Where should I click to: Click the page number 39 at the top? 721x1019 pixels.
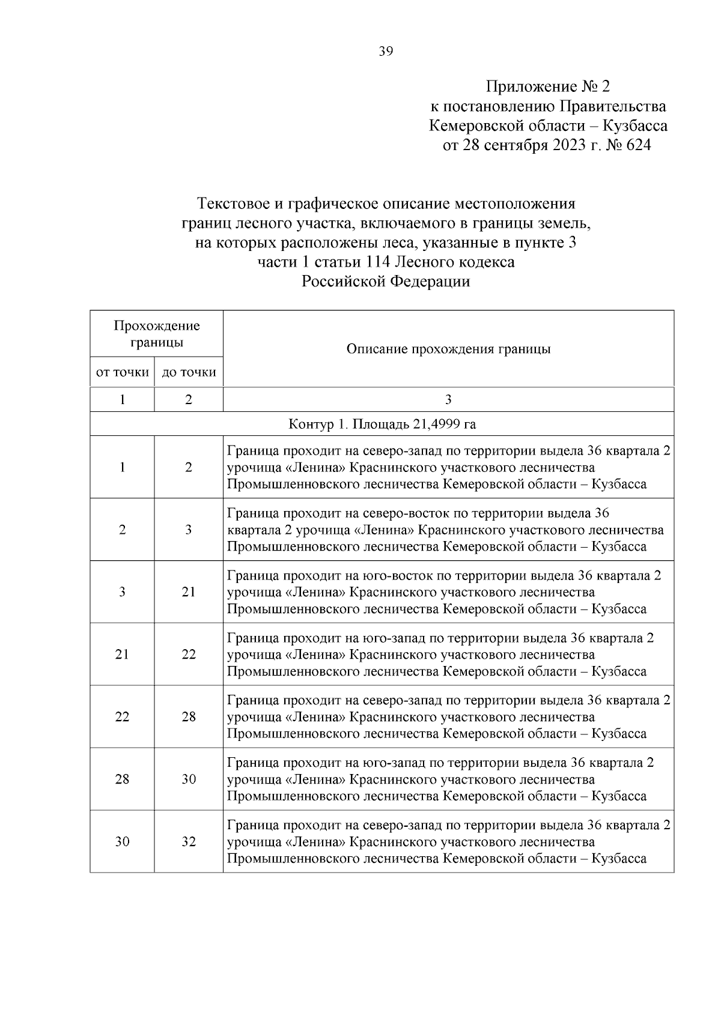[x=386, y=52]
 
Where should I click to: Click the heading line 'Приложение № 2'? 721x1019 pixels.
[x=547, y=86]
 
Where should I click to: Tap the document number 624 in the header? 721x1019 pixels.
[x=638, y=145]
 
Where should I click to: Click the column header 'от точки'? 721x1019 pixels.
[x=123, y=372]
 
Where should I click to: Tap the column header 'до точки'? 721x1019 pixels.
[x=189, y=372]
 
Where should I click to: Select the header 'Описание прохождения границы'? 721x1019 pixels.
[x=448, y=349]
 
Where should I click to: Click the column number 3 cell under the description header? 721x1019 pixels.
[x=448, y=400]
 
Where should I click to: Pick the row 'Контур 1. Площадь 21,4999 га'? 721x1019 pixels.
[x=382, y=425]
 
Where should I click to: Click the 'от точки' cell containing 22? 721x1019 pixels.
[x=122, y=717]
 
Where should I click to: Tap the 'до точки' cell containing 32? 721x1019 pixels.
[x=189, y=842]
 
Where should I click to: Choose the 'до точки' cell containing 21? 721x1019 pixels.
[x=189, y=592]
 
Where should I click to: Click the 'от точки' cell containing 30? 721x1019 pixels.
[x=122, y=842]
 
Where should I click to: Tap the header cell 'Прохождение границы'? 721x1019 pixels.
[x=157, y=334]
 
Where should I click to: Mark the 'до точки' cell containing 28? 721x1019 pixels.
[x=189, y=717]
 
